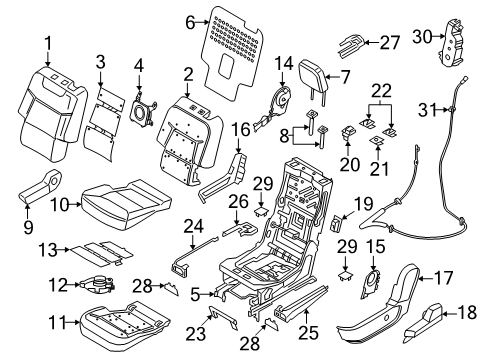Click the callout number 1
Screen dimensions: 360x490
46,43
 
